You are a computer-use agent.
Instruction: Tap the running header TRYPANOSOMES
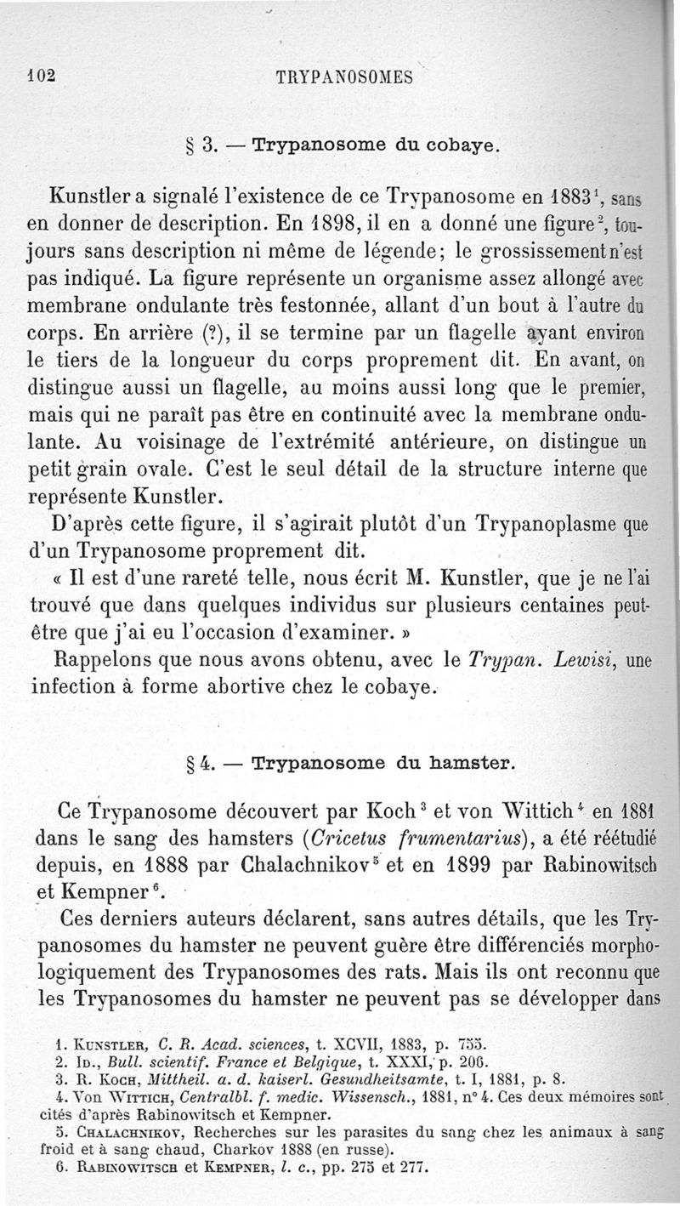(x=344, y=76)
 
